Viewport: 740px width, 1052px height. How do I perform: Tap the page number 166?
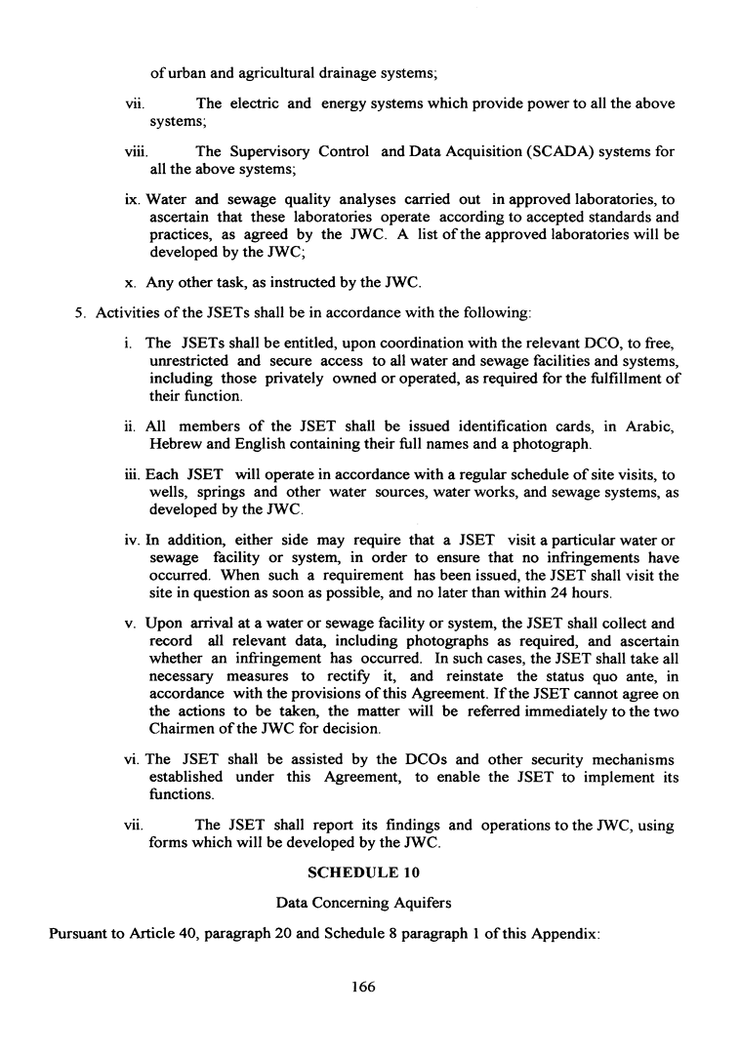pos(363,987)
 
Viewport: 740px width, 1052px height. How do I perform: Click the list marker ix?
pos(133,200)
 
